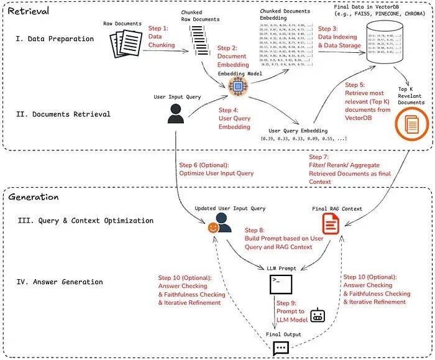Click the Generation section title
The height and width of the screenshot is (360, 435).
[x=34, y=197]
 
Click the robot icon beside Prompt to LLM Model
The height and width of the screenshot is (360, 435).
[x=318, y=315]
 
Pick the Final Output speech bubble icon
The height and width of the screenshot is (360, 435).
[x=280, y=348]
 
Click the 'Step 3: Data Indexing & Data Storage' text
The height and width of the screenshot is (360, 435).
[x=340, y=37]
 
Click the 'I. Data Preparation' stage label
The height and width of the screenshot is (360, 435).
[x=55, y=39]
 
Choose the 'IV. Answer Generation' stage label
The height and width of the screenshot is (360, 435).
[x=60, y=282]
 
